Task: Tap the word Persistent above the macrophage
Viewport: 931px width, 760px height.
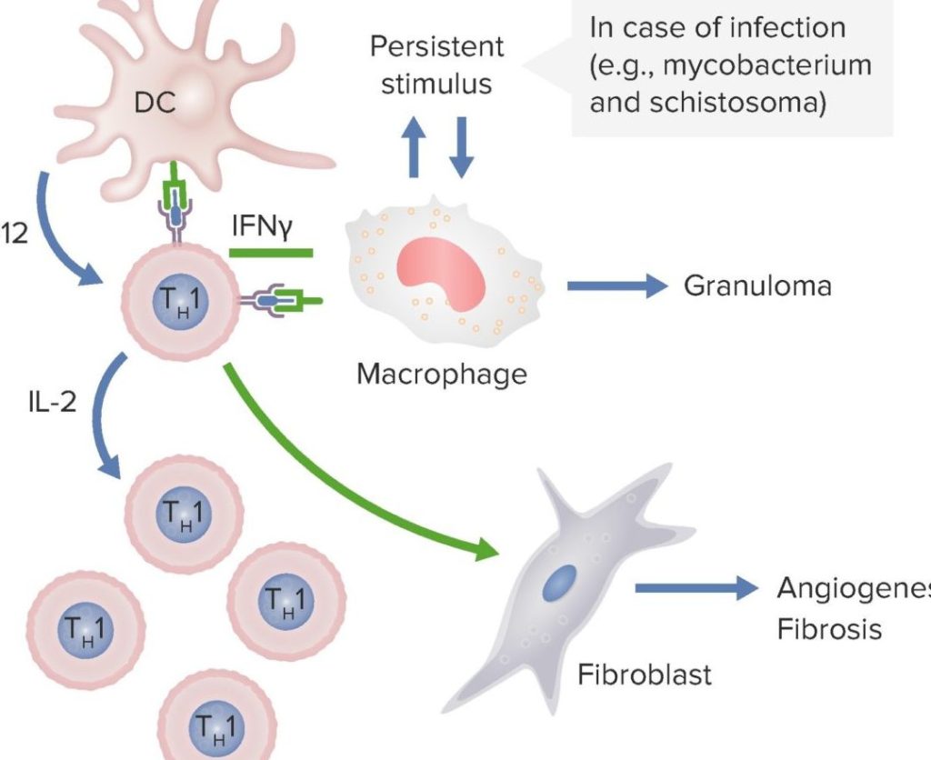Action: click(x=435, y=47)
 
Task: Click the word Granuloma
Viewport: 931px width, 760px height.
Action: click(x=757, y=286)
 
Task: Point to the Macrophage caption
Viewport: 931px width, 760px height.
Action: click(x=441, y=373)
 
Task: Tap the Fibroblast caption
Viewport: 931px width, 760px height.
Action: click(x=645, y=675)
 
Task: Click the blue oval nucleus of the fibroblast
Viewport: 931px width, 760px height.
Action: click(x=560, y=582)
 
